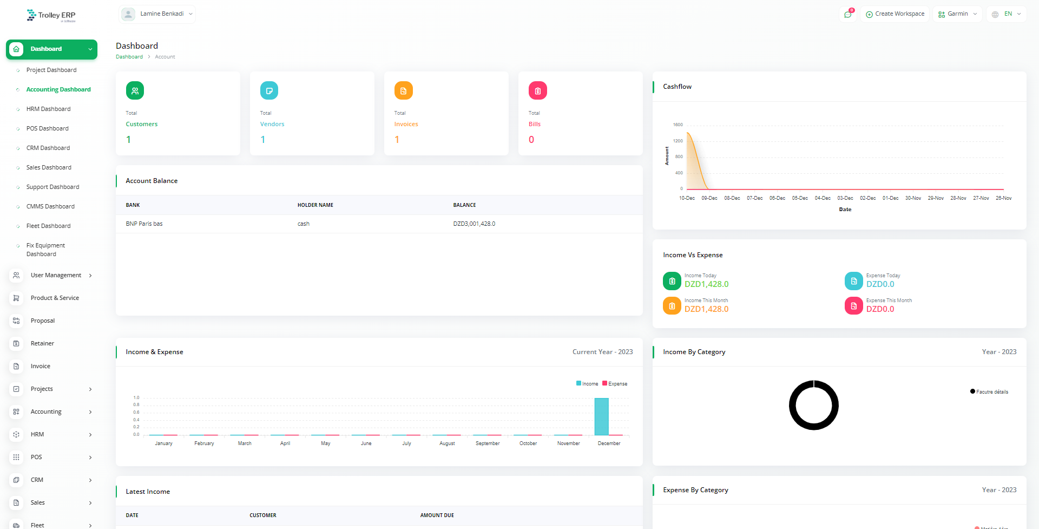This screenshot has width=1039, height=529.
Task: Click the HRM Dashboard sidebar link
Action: [48, 109]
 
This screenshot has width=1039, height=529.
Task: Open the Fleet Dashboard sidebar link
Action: [48, 226]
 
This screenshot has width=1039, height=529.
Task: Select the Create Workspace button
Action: [895, 14]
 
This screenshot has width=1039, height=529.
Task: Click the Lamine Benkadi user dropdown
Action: [157, 14]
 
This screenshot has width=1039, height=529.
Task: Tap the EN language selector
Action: [1007, 14]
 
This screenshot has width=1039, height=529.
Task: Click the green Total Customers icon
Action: [135, 90]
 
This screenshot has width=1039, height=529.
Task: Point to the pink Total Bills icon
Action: [537, 90]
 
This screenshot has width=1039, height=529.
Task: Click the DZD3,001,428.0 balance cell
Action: [474, 224]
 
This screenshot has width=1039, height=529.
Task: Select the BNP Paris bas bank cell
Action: [144, 224]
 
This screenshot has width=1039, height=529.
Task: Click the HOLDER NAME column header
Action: [315, 205]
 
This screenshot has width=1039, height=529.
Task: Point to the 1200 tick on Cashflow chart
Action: [678, 141]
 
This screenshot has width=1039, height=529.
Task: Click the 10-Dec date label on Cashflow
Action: [687, 198]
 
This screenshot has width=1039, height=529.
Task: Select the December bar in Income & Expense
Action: [601, 416]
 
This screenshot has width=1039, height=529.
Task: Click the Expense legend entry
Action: [615, 384]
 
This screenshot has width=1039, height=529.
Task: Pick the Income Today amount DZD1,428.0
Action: [706, 284]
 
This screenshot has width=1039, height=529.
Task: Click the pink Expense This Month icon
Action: [853, 306]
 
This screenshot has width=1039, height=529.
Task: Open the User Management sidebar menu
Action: [56, 275]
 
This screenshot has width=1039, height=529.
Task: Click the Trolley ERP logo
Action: [51, 15]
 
